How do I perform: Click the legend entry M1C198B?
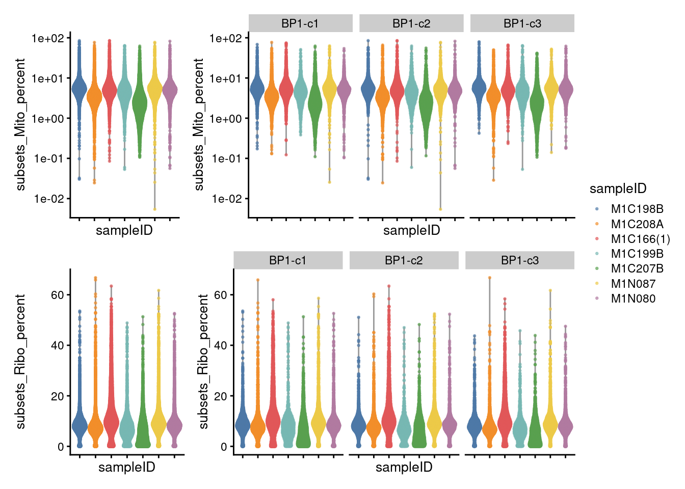pyautogui.click(x=637, y=209)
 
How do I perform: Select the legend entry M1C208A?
pyautogui.click(x=637, y=224)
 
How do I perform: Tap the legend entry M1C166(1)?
pyautogui.click(x=640, y=239)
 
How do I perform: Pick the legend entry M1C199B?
pyautogui.click(x=637, y=254)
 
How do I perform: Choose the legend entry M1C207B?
pyautogui.click(x=637, y=268)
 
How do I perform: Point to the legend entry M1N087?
pyautogui.click(x=633, y=284)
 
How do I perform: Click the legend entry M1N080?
pyautogui.click(x=633, y=298)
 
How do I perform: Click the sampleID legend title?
pyautogui.click(x=618, y=189)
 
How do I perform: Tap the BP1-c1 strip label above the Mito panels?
pyautogui.click(x=300, y=23)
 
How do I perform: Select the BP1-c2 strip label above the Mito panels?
pyautogui.click(x=411, y=23)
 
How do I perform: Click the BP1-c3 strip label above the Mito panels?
pyautogui.click(x=522, y=23)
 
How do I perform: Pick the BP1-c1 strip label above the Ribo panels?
pyautogui.click(x=288, y=260)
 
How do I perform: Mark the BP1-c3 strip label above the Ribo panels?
pyautogui.click(x=519, y=260)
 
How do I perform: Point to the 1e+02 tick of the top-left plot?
pyautogui.click(x=47, y=38)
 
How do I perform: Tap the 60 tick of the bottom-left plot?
pyautogui.click(x=57, y=295)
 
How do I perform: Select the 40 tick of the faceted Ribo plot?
pyautogui.click(x=220, y=345)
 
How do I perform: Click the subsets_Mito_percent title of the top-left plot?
pyautogui.click(x=20, y=124)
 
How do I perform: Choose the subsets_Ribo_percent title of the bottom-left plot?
pyautogui.click(x=20, y=361)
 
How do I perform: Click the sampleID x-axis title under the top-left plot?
pyautogui.click(x=124, y=230)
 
